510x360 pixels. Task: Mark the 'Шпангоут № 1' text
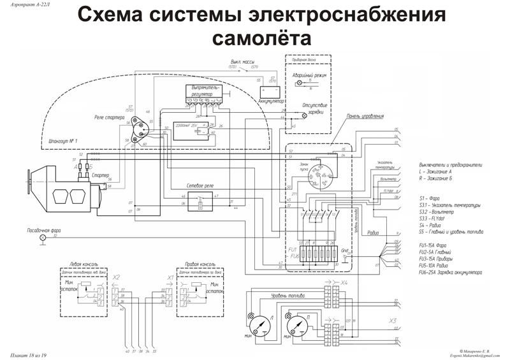point(63,140)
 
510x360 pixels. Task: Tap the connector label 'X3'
point(393,320)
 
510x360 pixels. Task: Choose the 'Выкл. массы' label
point(244,62)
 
